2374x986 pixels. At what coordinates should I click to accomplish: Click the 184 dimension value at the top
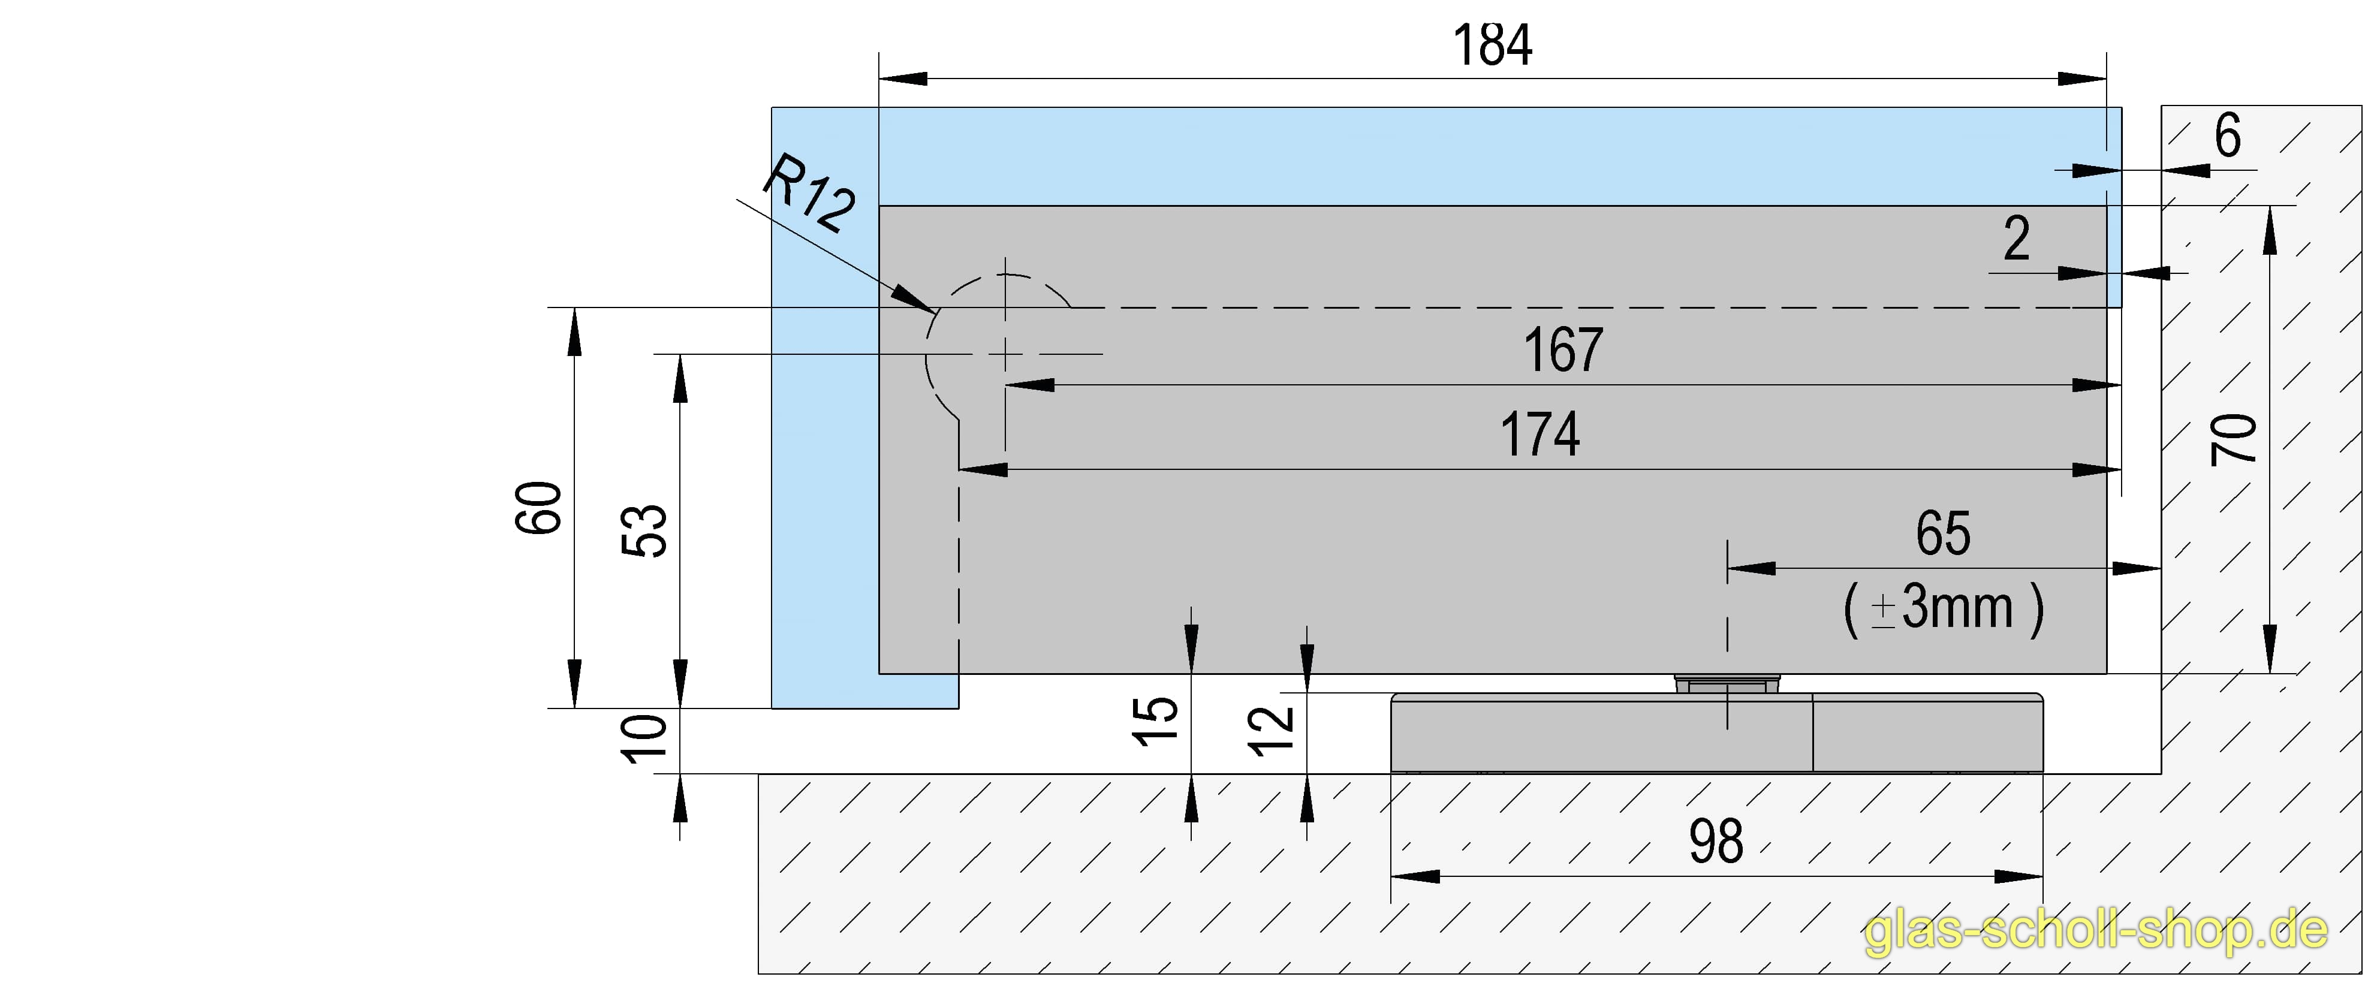pyautogui.click(x=1492, y=44)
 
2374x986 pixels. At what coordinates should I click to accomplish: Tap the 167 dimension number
pyautogui.click(x=1563, y=350)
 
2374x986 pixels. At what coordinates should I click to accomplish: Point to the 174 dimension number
pyautogui.click(x=1540, y=435)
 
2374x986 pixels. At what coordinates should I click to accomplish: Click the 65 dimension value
pyautogui.click(x=1943, y=533)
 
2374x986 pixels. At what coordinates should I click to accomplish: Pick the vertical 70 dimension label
pyautogui.click(x=2234, y=439)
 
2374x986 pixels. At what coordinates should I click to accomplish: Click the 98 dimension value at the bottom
pyautogui.click(x=1716, y=842)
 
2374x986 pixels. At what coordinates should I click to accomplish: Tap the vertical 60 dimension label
pyautogui.click(x=538, y=508)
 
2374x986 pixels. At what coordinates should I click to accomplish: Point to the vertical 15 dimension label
pyautogui.click(x=1155, y=720)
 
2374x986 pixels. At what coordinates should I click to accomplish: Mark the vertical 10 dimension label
pyautogui.click(x=644, y=738)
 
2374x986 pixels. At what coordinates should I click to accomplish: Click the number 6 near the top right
pyautogui.click(x=2228, y=137)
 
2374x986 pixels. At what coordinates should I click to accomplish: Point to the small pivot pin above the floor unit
pyautogui.click(x=1726, y=684)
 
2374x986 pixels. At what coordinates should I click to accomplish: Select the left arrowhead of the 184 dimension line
pyautogui.click(x=903, y=79)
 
